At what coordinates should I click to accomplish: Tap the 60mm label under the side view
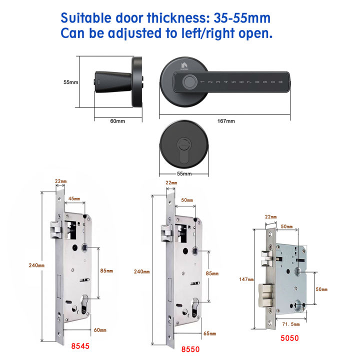(117, 121)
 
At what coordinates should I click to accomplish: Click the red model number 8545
(80, 345)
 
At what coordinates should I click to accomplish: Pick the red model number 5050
(290, 337)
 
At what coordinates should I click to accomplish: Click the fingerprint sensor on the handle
(188, 80)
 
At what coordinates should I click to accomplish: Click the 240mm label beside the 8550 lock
(141, 271)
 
